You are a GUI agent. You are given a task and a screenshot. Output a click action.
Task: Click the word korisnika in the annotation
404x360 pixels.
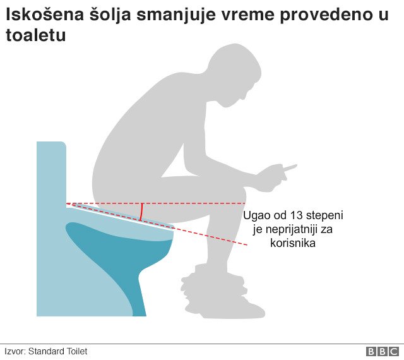click(294, 243)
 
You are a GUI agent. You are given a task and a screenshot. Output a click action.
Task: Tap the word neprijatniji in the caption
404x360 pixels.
click(283, 229)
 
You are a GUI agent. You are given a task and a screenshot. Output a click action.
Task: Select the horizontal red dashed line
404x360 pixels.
click(189, 203)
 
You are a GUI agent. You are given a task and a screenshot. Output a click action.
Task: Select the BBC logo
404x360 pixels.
click(381, 351)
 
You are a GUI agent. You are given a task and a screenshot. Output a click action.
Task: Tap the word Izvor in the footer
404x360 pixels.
click(15, 351)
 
